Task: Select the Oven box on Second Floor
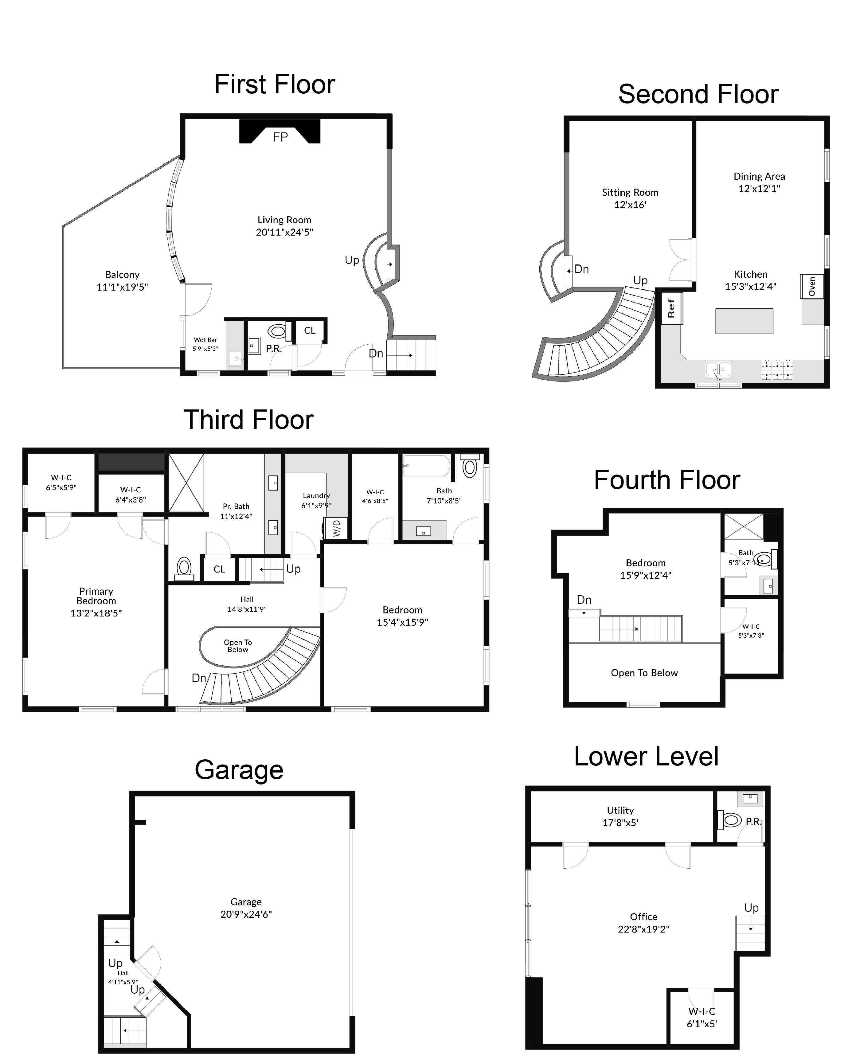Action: pyautogui.click(x=811, y=286)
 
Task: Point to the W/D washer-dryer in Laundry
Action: pyautogui.click(x=336, y=528)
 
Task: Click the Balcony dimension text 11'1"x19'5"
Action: pyautogui.click(x=122, y=287)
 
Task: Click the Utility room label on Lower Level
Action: pyautogui.click(x=620, y=810)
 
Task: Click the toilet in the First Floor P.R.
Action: pyautogui.click(x=277, y=331)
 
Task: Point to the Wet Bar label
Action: pyautogui.click(x=205, y=340)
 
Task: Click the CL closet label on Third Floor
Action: pyautogui.click(x=219, y=569)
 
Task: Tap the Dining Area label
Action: pyautogui.click(x=759, y=176)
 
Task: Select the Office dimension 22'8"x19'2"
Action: pyautogui.click(x=643, y=929)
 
